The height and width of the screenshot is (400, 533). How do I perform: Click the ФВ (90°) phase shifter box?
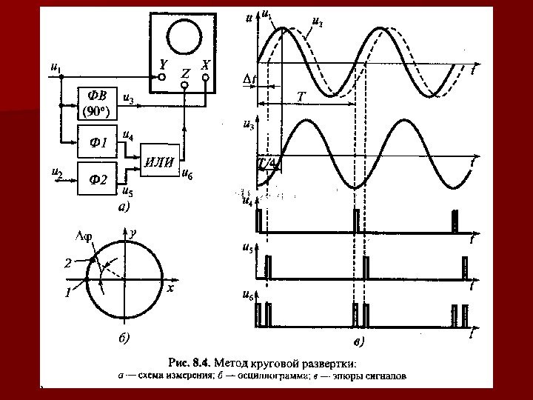tap(98, 103)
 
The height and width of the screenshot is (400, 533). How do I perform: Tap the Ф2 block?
tap(98, 178)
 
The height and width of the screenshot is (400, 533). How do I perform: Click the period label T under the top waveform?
tap(301, 97)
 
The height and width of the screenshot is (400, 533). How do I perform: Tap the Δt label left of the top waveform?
tap(249, 79)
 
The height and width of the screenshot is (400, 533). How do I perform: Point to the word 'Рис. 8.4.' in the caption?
tap(191, 363)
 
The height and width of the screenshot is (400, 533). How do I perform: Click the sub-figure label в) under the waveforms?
tap(359, 342)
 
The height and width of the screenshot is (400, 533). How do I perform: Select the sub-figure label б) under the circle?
tap(124, 339)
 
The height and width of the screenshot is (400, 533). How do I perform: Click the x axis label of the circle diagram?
tap(170, 288)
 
